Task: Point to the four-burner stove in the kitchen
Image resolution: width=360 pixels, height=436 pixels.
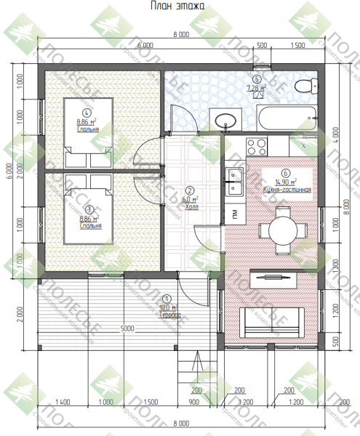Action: (x=258, y=146)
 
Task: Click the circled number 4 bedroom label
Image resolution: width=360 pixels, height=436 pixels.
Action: (x=87, y=113)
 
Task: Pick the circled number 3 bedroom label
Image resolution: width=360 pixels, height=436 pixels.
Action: (x=88, y=208)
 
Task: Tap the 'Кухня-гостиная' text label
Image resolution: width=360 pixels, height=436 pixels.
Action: (x=287, y=189)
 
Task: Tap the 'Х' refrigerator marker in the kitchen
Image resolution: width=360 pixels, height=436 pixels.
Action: (x=303, y=145)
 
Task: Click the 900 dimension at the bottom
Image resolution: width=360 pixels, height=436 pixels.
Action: (x=194, y=402)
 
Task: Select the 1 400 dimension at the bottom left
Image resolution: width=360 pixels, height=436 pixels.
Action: (x=62, y=402)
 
